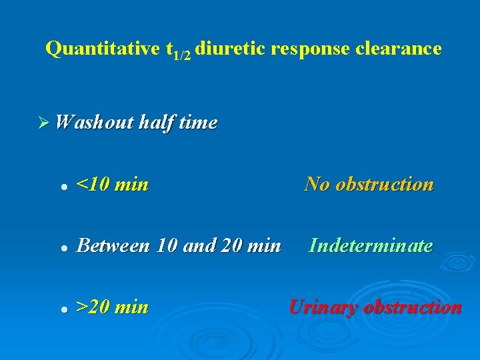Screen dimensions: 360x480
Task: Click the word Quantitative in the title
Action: click(x=102, y=49)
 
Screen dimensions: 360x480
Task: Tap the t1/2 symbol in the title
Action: click(x=178, y=51)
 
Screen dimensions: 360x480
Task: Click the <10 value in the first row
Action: click(x=93, y=185)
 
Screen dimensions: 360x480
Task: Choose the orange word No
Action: click(x=317, y=184)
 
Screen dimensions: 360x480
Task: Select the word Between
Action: click(x=113, y=246)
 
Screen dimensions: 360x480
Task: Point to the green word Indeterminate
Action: click(x=371, y=246)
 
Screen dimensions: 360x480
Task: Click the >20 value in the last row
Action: click(x=93, y=307)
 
